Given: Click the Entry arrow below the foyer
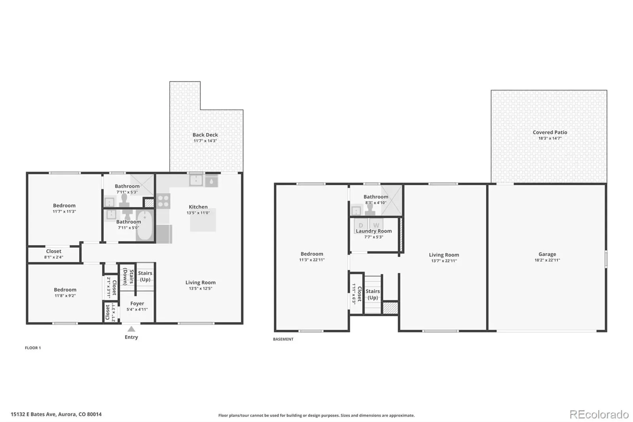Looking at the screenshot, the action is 131,329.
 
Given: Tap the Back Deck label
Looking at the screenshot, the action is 205,135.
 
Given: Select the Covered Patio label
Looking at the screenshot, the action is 550,132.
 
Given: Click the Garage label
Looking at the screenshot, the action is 547,254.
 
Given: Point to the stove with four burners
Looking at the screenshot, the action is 163,201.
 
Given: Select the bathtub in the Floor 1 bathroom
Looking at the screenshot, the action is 145,225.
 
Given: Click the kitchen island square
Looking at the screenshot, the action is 203,220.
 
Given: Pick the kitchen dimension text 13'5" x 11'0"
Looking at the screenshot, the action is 198,213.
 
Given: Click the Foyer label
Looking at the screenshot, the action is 137,303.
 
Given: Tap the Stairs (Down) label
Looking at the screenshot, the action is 128,277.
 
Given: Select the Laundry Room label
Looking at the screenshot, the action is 373,231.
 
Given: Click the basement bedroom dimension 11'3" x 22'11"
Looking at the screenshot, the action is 312,260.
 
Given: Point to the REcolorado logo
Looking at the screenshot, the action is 599,414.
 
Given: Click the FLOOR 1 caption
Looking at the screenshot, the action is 33,348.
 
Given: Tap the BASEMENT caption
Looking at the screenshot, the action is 283,339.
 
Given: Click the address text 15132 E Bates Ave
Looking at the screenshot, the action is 33,414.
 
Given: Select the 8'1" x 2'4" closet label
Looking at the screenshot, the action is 54,257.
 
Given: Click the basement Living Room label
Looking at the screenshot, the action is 444,255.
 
